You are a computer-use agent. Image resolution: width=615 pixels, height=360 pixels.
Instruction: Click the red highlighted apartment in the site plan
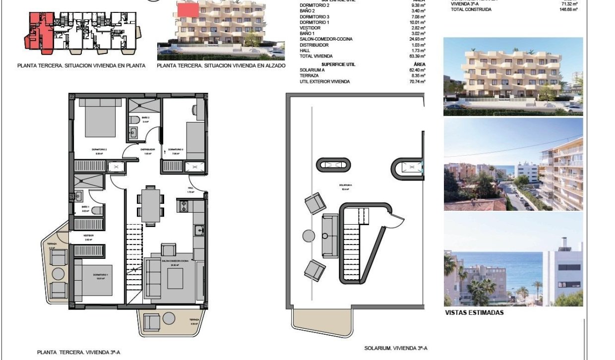pyautogui.click(x=39, y=31)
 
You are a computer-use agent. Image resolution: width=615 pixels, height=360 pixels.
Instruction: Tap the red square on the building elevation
pyautogui.click(x=188, y=9)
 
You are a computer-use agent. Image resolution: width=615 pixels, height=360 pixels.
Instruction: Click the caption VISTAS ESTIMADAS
pyautogui.click(x=474, y=313)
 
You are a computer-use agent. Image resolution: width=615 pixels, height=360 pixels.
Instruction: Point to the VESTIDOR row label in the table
pyautogui.click(x=310, y=28)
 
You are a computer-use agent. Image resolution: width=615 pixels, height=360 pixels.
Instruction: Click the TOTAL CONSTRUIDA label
pyautogui.click(x=471, y=9)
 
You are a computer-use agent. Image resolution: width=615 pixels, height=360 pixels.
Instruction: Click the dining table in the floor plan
pyautogui.click(x=150, y=204)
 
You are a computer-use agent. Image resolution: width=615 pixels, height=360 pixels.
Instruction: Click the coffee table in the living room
pyautogui.click(x=176, y=278)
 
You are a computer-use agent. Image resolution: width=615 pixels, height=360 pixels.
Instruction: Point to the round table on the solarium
pyautogui.click(x=308, y=235)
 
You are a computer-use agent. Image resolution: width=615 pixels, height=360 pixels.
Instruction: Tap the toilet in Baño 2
pyautogui.click(x=134, y=121)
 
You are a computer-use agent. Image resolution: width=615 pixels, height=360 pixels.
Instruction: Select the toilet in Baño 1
pyautogui.click(x=97, y=210)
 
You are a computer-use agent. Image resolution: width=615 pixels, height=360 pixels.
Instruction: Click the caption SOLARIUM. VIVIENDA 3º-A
pyautogui.click(x=395, y=349)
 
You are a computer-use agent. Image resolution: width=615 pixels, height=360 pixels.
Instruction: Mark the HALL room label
pyautogui.click(x=191, y=187)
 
